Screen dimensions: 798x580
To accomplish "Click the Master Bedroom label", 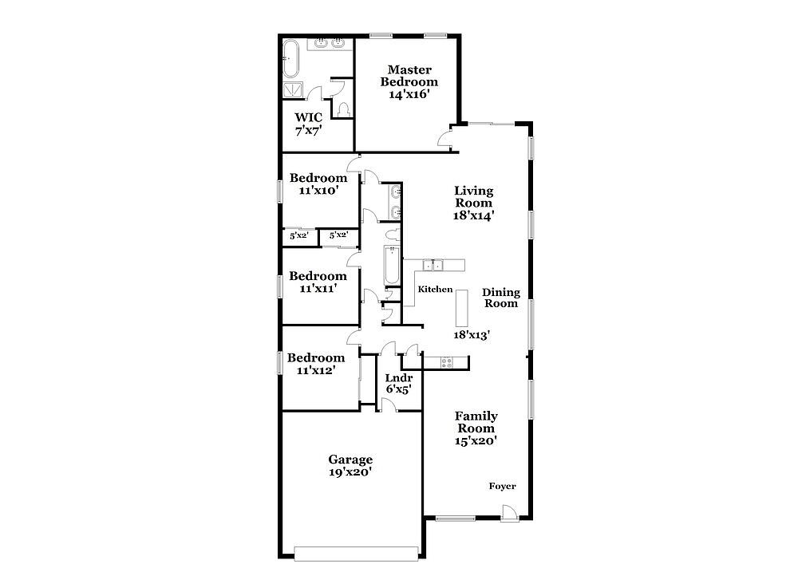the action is (x=409, y=82).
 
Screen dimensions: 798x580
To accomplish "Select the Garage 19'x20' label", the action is (x=350, y=466).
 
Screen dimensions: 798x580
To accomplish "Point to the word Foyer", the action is (x=502, y=486).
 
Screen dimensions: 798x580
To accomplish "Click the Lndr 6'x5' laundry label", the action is (x=398, y=384).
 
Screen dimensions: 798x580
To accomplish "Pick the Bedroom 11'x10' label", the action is (x=318, y=184).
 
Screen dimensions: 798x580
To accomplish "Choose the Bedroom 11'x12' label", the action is (x=315, y=364).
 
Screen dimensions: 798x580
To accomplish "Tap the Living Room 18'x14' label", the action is (x=474, y=203).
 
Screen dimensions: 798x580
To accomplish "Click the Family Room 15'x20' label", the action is (x=476, y=428).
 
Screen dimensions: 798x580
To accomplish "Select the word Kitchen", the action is (x=435, y=289).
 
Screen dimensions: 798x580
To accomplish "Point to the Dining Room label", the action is (x=501, y=298).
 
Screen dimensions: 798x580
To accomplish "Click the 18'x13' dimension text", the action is (x=472, y=335).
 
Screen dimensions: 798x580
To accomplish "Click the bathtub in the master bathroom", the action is (x=291, y=59).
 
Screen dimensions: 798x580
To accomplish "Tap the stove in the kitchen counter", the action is (x=446, y=362).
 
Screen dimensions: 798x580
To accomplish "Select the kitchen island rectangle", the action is (x=461, y=308).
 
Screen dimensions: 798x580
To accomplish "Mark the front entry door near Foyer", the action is (x=509, y=514).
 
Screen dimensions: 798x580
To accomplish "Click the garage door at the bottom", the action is (x=356, y=554).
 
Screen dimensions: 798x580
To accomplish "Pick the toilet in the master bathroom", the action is (x=343, y=109).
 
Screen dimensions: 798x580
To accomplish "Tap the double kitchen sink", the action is (x=433, y=265).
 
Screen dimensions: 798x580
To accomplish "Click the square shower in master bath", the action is (x=293, y=89).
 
